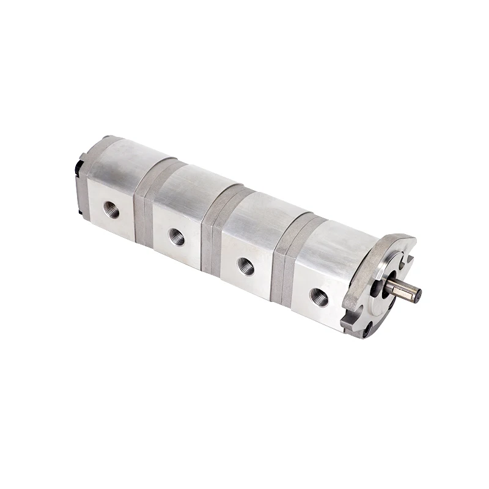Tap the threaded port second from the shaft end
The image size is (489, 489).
coord(246,266)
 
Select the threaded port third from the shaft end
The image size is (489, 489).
coord(177,236)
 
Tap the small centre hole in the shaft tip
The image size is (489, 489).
coord(417,296)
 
